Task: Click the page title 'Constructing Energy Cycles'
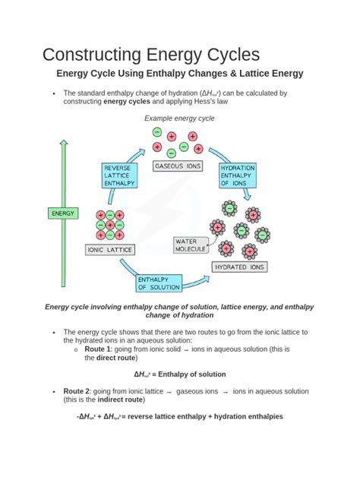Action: [150, 55]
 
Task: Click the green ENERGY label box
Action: [63, 214]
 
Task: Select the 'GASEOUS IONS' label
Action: [178, 166]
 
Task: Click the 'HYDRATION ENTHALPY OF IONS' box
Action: [237, 176]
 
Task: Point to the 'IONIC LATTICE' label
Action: [110, 249]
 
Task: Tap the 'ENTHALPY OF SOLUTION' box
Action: [159, 283]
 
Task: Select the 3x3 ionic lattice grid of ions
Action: [110, 225]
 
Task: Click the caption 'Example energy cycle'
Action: [179, 118]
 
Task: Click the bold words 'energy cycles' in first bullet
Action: [127, 101]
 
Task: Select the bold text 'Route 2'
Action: [78, 390]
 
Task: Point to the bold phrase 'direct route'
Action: [118, 358]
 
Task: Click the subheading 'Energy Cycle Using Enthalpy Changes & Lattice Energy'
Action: [180, 74]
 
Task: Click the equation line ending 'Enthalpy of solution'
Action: [179, 374]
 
